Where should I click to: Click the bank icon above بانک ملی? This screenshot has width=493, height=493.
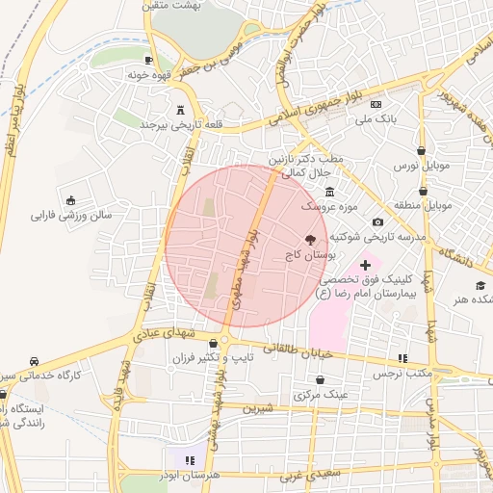click(376, 104)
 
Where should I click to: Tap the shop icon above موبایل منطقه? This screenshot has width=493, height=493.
click(423, 191)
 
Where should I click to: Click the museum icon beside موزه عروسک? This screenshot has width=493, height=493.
click(330, 191)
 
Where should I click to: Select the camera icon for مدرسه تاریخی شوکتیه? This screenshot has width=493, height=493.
click(377, 222)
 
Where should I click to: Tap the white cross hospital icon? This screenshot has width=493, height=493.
click(365, 264)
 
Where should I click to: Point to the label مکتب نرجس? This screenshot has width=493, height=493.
click(401, 373)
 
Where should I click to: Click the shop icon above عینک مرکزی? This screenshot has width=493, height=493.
click(319, 379)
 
